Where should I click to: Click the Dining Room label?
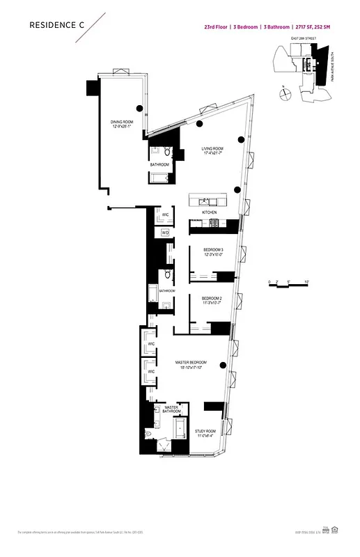click(121, 124)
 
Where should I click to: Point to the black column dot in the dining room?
click(140, 108)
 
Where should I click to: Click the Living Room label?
click(212, 150)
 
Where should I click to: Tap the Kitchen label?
click(209, 212)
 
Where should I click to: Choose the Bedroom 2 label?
click(212, 300)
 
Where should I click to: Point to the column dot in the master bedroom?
click(223, 364)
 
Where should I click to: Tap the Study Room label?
click(206, 432)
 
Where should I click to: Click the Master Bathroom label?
click(172, 409)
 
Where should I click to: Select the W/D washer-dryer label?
click(166, 233)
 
